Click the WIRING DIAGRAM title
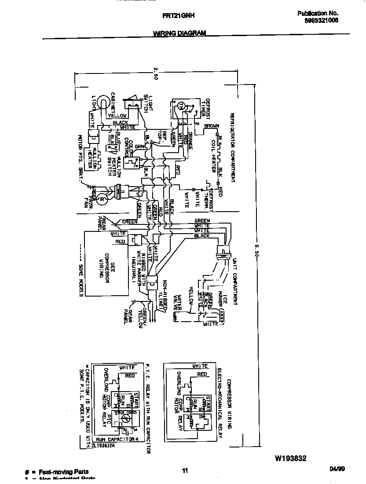point(179,33)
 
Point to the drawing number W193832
point(290,458)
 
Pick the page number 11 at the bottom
point(185,471)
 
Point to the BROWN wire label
point(211,126)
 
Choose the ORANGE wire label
point(190,140)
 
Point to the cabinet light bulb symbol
point(102,103)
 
